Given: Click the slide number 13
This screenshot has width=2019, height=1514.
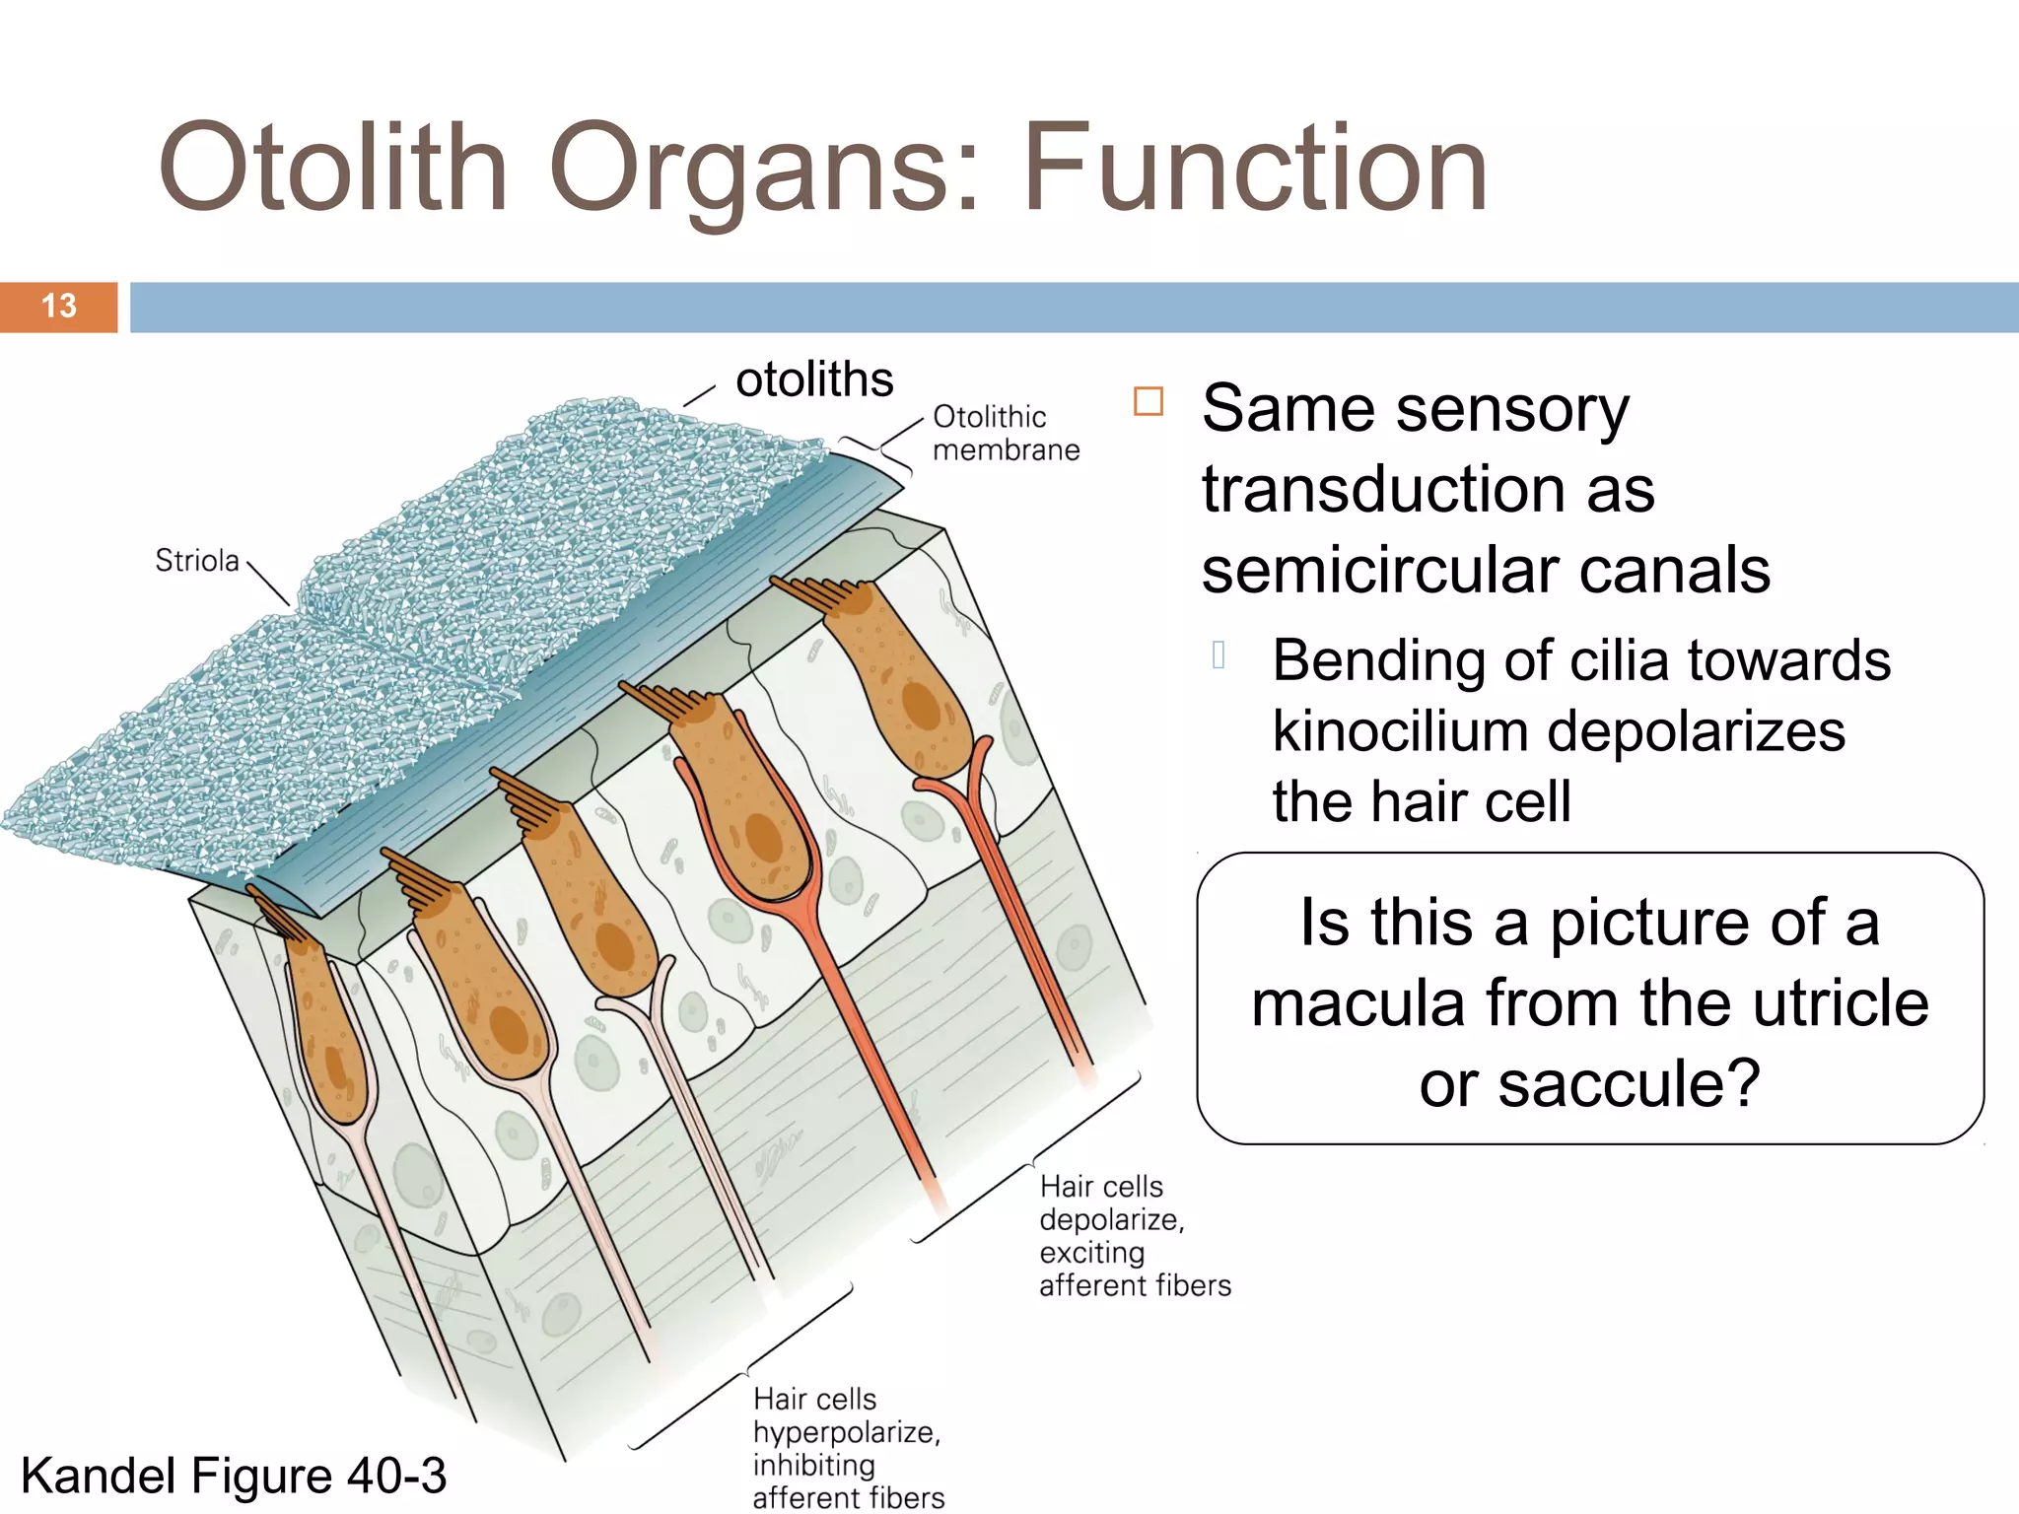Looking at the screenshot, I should pos(59,306).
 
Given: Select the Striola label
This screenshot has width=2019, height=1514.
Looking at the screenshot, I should pos(197,561).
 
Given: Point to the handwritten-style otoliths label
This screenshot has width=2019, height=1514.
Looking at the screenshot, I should pos(814,379).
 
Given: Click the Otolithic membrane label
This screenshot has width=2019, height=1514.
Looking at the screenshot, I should pos(1005,434).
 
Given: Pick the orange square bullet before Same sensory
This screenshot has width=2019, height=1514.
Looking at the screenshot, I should pos(1149,402).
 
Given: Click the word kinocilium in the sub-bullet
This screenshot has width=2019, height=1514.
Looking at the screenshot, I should pos(1400,731).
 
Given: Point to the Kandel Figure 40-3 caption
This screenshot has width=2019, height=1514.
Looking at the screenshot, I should pos(234,1476).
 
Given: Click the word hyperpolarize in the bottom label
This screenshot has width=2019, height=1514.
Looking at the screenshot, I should pos(846,1432).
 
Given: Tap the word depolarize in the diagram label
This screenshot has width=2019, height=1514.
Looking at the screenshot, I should pos(1111,1219).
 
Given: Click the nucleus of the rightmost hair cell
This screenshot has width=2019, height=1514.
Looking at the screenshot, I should pos(922,706).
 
